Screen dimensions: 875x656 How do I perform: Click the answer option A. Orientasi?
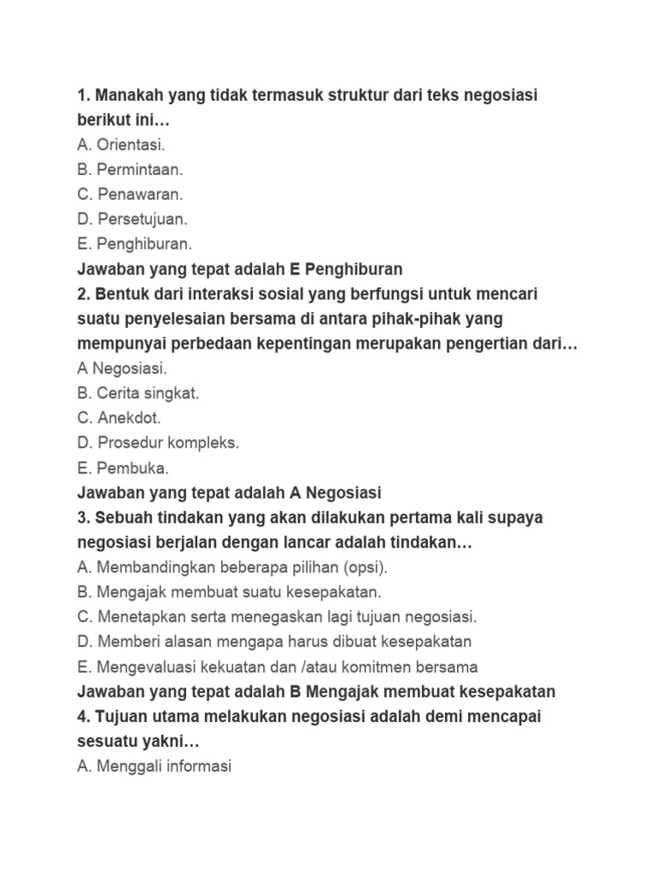click(121, 145)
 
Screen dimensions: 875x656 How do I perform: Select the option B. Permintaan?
click(130, 170)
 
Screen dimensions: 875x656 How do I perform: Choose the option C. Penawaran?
click(130, 195)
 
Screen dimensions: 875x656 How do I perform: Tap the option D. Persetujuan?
click(132, 220)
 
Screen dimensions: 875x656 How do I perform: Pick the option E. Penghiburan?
click(135, 244)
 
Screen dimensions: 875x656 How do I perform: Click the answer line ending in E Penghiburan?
click(239, 269)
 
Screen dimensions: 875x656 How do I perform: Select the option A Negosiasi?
click(122, 369)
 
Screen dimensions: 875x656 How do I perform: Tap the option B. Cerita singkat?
click(138, 394)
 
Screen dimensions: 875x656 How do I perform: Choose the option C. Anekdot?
click(119, 419)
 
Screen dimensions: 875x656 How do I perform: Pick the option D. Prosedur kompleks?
click(158, 443)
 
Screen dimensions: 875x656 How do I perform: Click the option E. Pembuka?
click(123, 468)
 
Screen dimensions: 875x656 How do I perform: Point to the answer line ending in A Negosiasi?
click(229, 493)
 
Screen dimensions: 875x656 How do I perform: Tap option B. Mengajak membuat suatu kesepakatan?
click(229, 592)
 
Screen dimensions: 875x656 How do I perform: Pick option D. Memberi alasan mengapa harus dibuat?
click(274, 642)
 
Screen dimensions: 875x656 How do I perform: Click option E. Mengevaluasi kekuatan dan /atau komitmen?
click(278, 667)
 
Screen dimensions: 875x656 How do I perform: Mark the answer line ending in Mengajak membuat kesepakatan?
click(316, 691)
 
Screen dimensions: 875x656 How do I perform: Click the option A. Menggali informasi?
click(154, 766)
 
